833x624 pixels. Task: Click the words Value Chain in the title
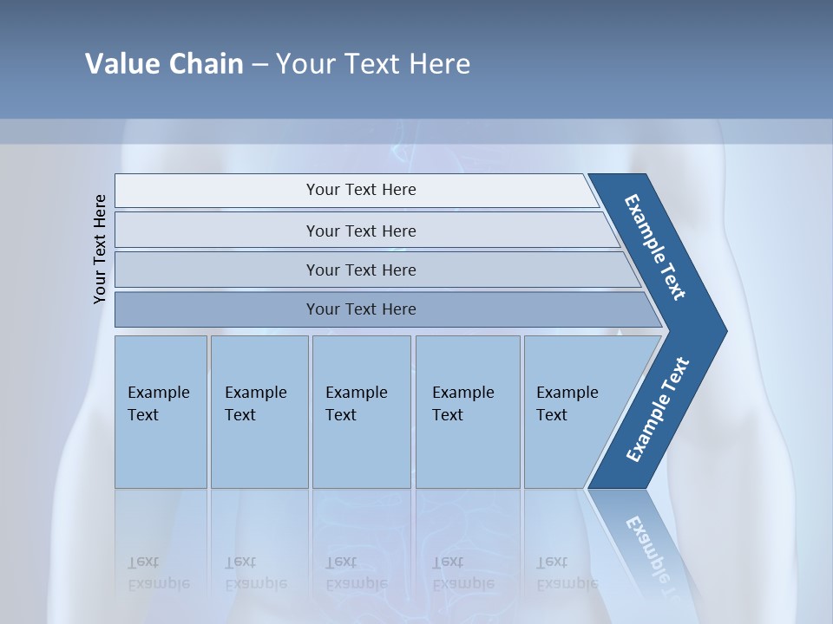point(164,64)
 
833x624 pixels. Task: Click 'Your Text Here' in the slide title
point(373,64)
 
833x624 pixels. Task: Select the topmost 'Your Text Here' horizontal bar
point(360,190)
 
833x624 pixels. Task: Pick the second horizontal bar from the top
point(360,231)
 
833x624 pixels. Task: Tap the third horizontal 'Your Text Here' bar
point(360,270)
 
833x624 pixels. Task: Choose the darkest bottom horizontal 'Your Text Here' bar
point(360,309)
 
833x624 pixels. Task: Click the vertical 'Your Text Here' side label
point(101,249)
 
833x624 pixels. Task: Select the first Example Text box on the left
point(161,412)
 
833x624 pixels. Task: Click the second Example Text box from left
point(259,412)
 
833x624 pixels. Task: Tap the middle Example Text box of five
point(361,412)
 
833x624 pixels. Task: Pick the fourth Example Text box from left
point(467,412)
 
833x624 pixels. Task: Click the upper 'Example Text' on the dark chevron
point(655,247)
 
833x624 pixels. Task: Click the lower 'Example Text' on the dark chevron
point(657,410)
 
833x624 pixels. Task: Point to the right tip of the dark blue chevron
point(725,330)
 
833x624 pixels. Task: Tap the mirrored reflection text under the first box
point(158,573)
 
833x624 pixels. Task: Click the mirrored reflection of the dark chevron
point(646,546)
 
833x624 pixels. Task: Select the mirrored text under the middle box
point(356,573)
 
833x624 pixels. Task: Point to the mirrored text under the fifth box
point(567,573)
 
